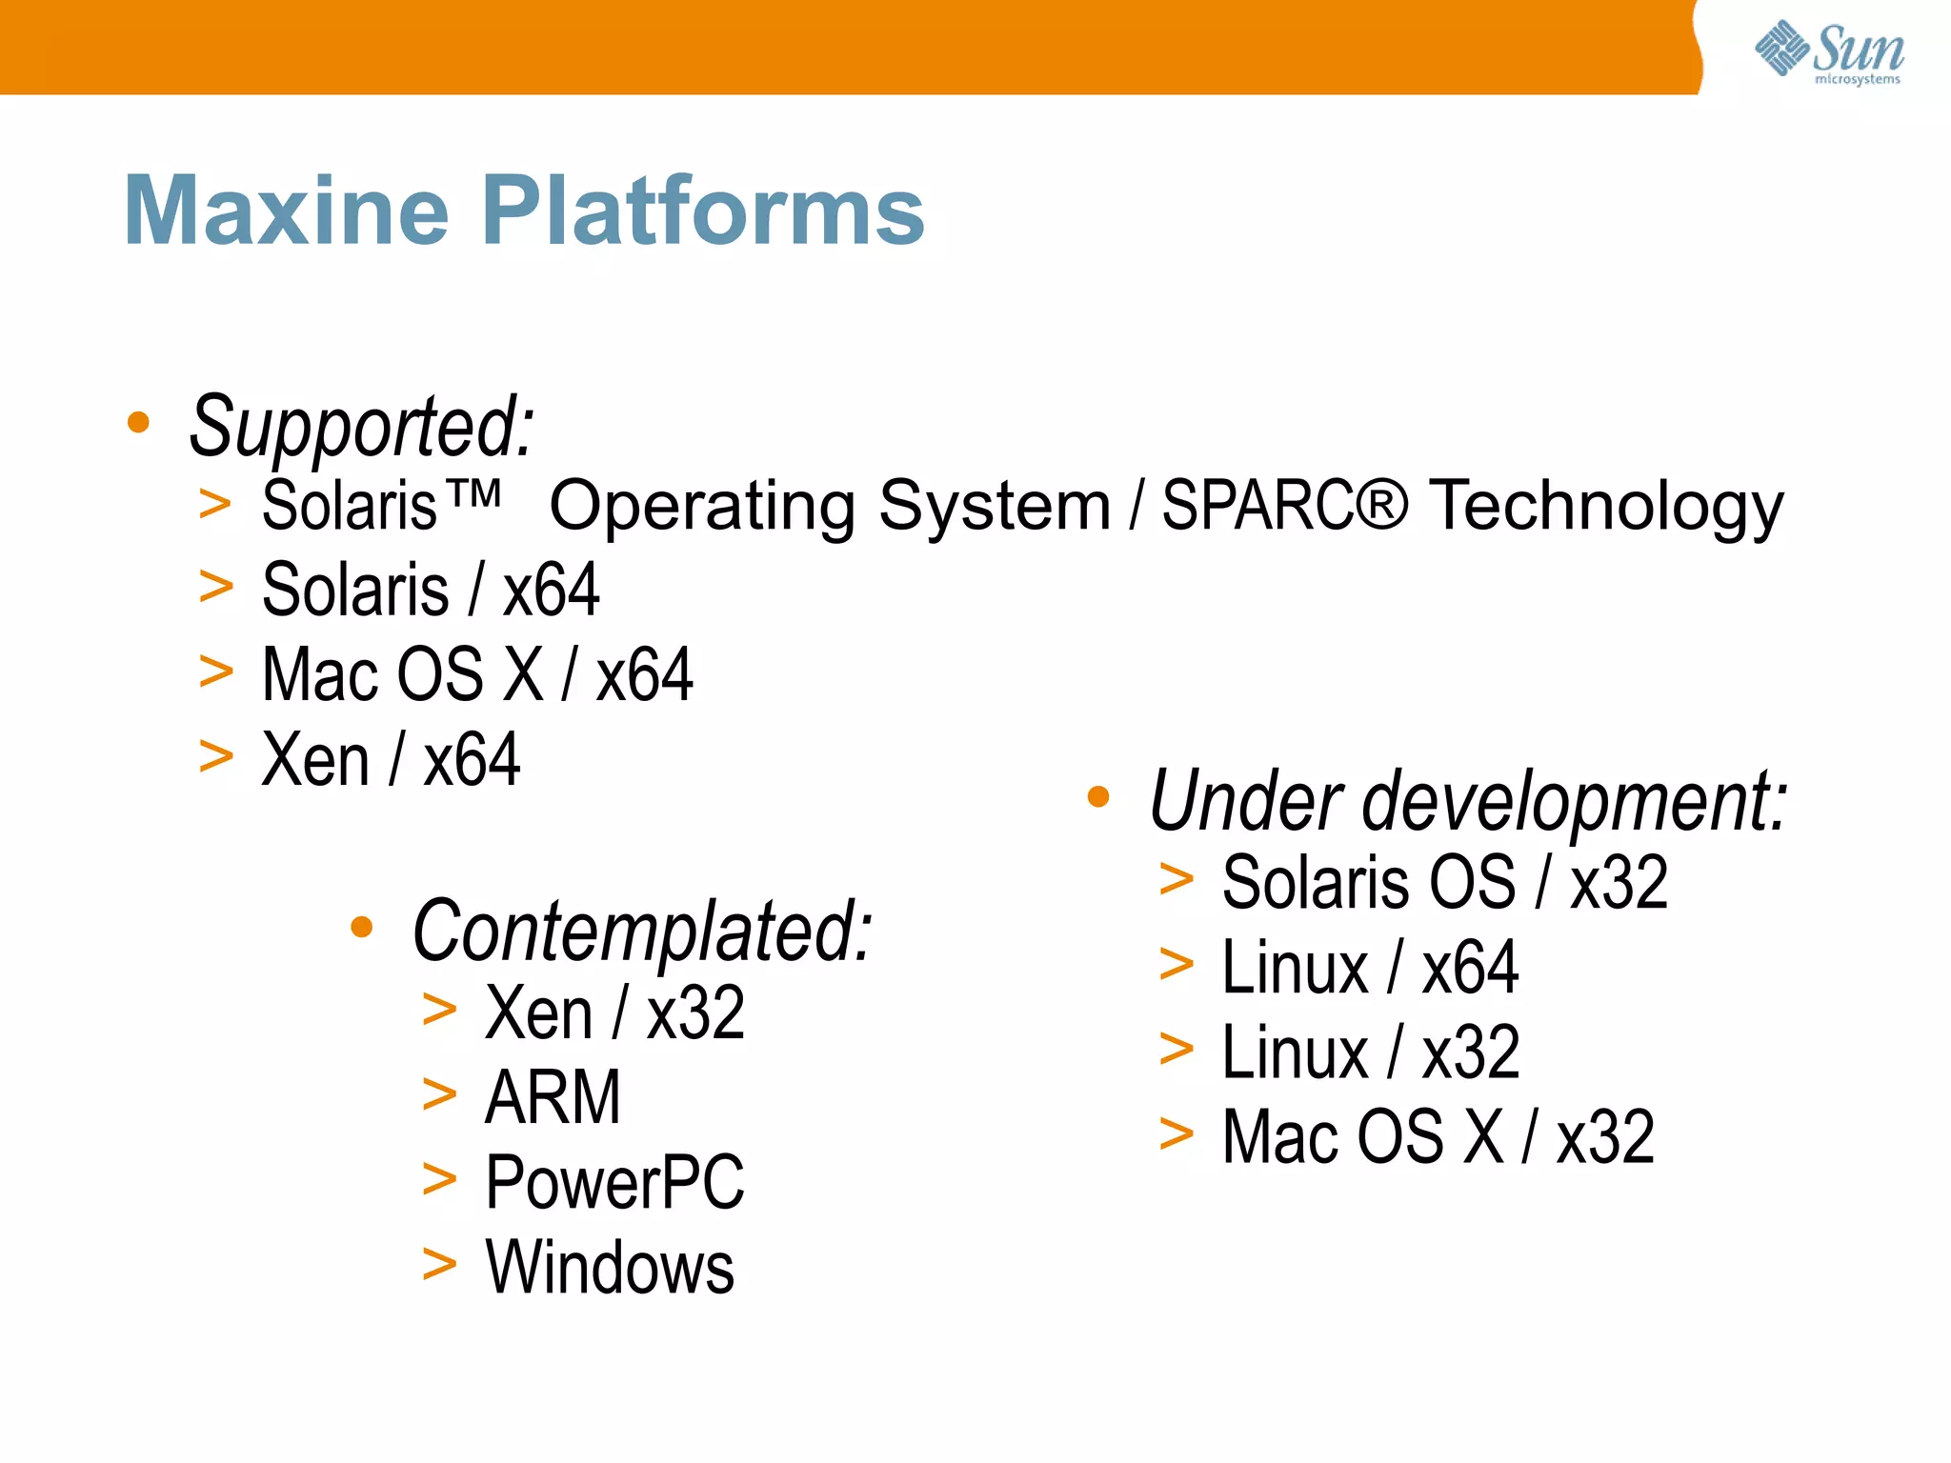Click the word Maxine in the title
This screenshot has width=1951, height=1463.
coord(286,210)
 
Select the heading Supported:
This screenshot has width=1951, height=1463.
coord(361,427)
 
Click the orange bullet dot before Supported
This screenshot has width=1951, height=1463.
coord(139,422)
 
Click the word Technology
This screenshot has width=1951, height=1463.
coord(1606,507)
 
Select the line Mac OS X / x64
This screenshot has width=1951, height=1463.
coord(477,674)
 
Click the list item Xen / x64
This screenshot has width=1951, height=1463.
coord(391,760)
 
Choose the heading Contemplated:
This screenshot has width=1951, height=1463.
coord(642,932)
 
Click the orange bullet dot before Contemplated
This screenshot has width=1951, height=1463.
coord(362,927)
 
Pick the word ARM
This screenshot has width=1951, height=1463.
coord(553,1097)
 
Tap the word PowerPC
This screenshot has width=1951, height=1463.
coord(614,1182)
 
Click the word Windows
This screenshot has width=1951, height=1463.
coord(610,1268)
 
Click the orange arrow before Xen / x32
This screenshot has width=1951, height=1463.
coord(439,1010)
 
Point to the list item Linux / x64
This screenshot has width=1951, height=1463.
coord(1369,968)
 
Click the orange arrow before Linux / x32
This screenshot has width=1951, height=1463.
coord(1177,1050)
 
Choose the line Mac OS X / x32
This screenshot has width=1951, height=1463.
coord(1438,1137)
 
